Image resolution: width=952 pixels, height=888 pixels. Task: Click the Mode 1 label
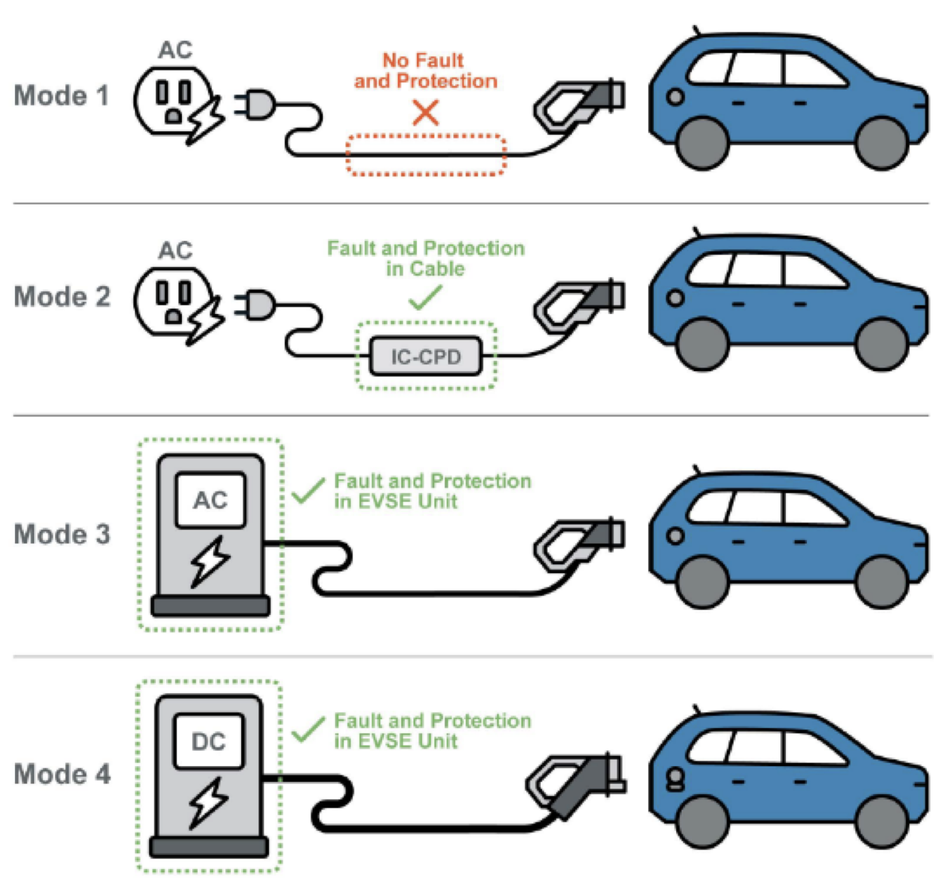[x=61, y=96]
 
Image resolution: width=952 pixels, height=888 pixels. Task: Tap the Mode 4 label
[x=62, y=774]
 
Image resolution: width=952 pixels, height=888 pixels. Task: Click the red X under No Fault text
[x=426, y=112]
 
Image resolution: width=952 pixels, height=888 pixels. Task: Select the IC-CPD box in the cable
[x=426, y=356]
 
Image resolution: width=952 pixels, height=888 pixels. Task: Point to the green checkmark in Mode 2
[x=426, y=298]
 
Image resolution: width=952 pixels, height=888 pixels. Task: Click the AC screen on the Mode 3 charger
[x=210, y=501]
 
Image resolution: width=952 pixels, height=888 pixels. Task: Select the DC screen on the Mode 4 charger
[x=208, y=742]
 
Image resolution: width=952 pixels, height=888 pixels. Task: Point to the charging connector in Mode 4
[x=575, y=783]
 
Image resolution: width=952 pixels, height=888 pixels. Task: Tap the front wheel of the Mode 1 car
[x=702, y=143]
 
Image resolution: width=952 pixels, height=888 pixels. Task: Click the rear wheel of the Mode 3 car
[x=882, y=582]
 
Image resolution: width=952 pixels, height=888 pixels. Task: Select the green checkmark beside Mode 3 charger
[x=308, y=490]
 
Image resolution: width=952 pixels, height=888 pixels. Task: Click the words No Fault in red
[x=423, y=61]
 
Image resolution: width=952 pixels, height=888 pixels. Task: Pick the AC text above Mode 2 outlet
[x=175, y=251]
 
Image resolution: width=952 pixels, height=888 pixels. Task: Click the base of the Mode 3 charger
[x=210, y=605]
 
